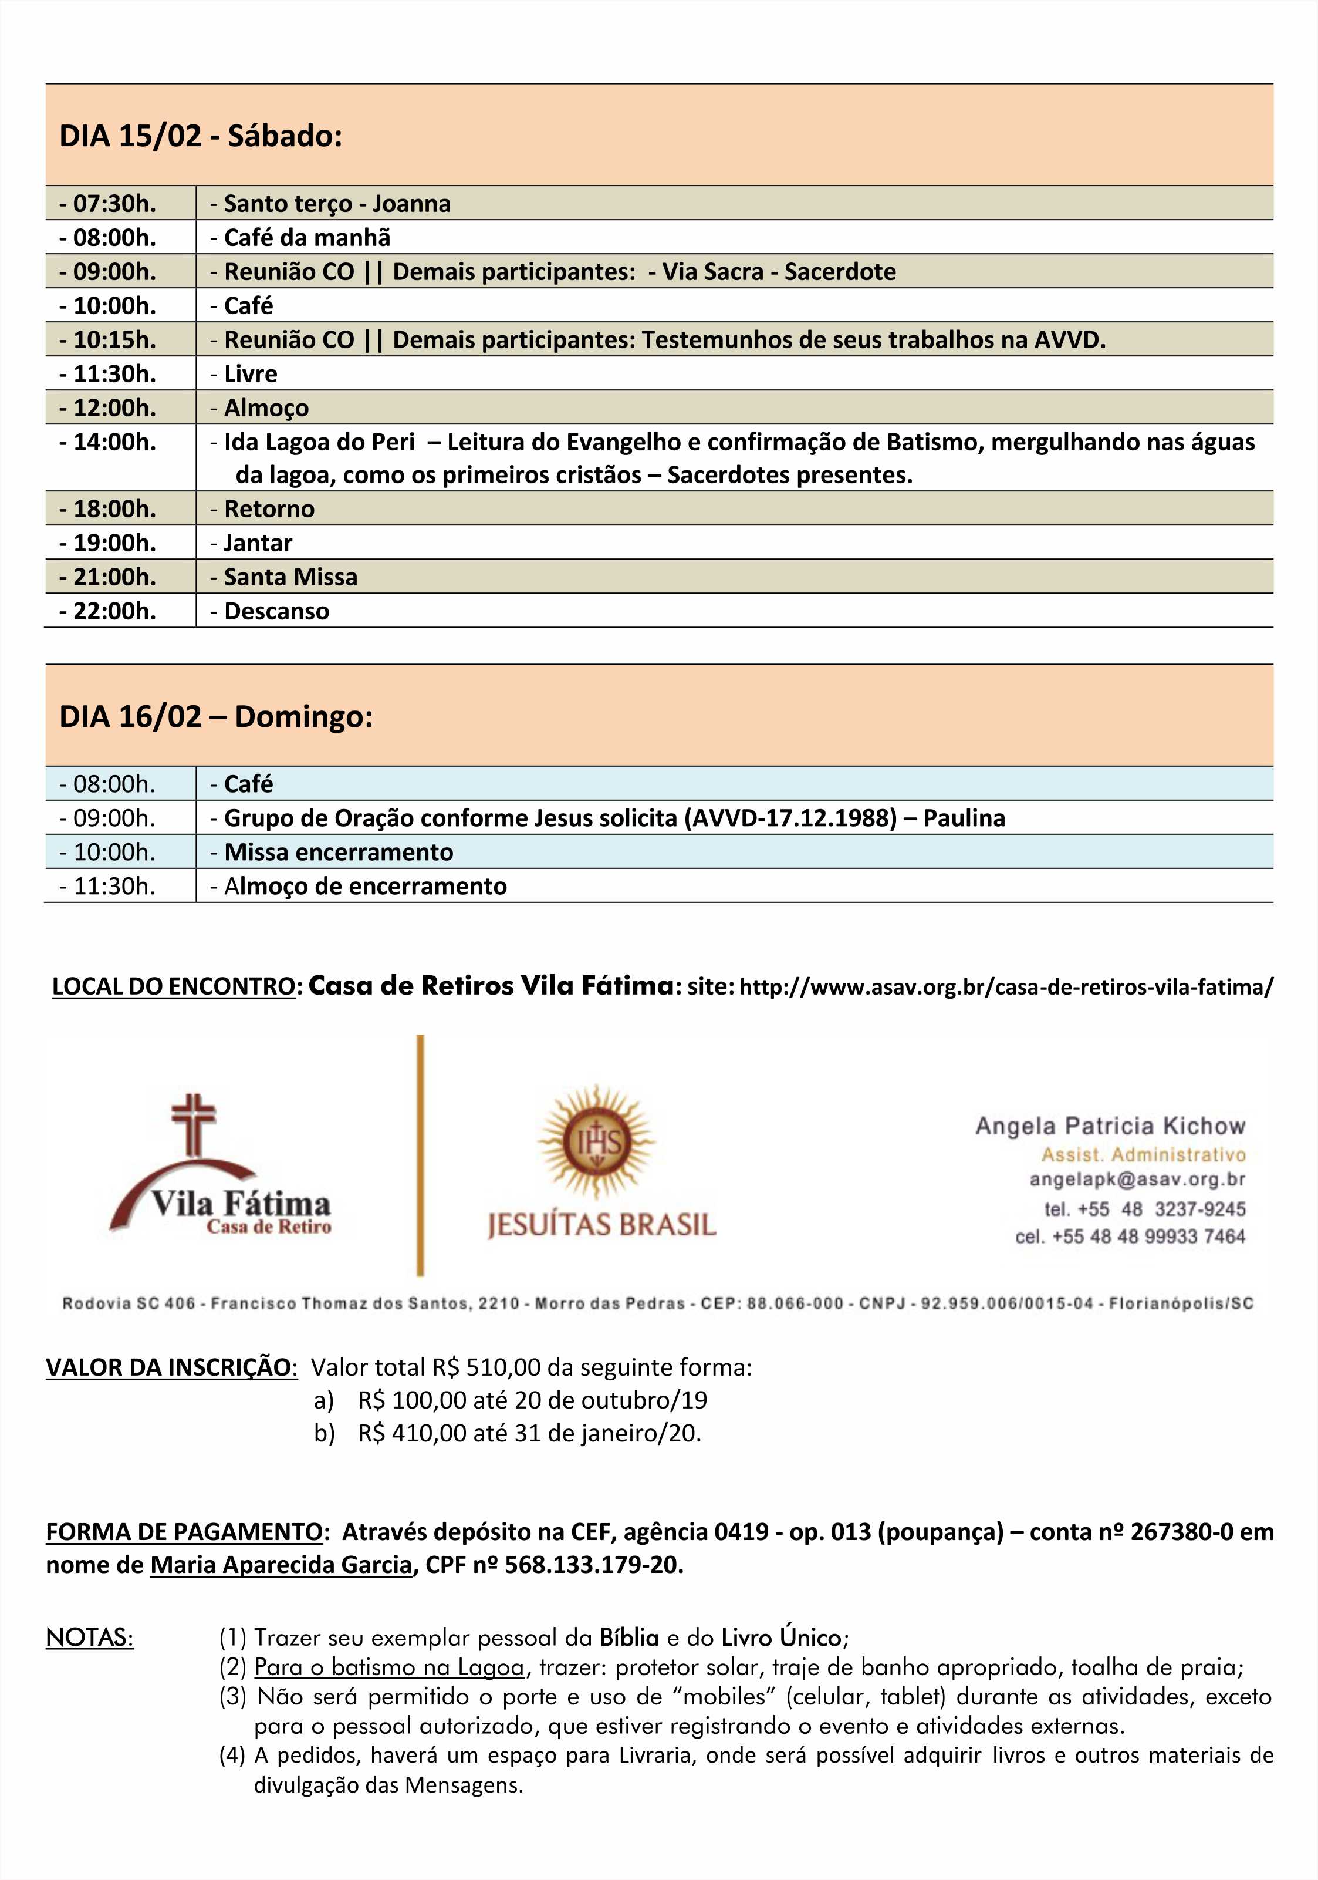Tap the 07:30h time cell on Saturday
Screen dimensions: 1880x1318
click(x=107, y=203)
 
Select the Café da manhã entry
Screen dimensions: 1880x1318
click(x=300, y=237)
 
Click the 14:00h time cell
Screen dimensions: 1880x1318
click(x=107, y=442)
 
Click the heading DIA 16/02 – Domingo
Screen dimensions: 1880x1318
click(x=216, y=716)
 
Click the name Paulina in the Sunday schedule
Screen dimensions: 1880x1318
click(x=964, y=818)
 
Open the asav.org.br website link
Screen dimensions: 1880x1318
click(x=1006, y=986)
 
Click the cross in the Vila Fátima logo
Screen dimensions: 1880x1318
click(x=193, y=1126)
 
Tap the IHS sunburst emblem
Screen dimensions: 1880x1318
click(x=597, y=1141)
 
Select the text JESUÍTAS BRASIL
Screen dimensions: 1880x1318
click(x=601, y=1225)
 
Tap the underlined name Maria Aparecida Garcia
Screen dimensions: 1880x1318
click(x=281, y=1565)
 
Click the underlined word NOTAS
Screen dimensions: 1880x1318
click(x=89, y=1638)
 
